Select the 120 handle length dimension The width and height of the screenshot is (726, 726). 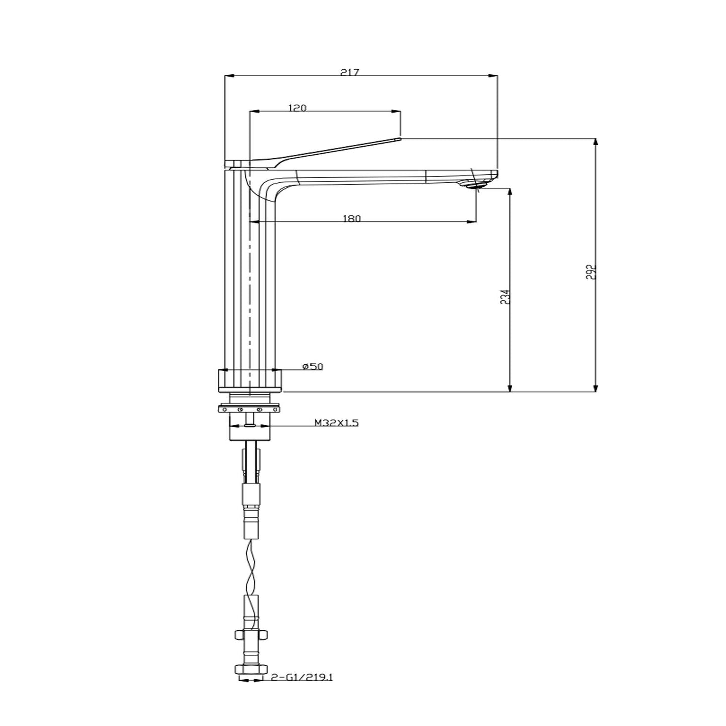(297, 108)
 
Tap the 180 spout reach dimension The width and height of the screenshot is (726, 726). (352, 218)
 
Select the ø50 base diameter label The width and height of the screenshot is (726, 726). (313, 367)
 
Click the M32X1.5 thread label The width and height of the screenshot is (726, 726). (336, 423)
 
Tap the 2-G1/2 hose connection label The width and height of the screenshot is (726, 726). (301, 677)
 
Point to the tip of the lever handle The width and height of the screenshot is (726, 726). (398, 138)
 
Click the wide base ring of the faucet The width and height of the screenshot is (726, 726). (250, 380)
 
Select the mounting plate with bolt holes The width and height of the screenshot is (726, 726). (250, 409)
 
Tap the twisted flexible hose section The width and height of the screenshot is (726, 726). (251, 568)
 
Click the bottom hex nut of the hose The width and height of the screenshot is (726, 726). (250, 668)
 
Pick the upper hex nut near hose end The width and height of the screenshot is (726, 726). (250, 635)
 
